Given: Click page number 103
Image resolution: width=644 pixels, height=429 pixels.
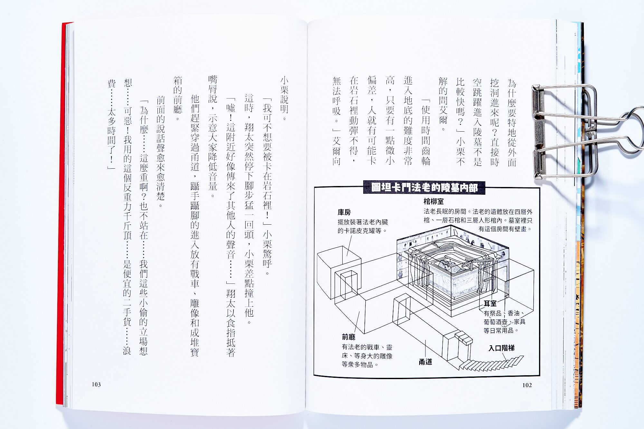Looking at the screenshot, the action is [96, 385].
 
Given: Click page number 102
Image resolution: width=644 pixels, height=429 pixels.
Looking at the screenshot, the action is [527, 385].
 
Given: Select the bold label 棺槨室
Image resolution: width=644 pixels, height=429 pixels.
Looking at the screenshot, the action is [433, 202].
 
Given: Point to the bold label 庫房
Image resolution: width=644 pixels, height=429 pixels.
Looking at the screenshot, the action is [344, 212].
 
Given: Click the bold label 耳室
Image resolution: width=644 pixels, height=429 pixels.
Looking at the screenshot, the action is [490, 303].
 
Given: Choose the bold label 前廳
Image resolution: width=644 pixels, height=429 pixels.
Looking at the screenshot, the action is [348, 337].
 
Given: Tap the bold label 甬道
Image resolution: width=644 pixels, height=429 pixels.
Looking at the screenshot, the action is [425, 362].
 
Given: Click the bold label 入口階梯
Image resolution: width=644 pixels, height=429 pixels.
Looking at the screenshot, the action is [501, 348].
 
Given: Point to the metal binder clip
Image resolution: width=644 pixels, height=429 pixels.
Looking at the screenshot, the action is [580, 132].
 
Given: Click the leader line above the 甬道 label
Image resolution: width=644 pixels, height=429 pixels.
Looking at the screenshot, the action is [425, 349].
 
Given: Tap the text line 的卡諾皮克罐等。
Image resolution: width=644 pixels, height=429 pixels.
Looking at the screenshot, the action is [362, 231].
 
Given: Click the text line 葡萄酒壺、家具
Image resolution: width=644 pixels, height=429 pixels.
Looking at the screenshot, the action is [505, 322].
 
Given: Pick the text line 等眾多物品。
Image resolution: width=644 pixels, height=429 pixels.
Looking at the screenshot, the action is [360, 365].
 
